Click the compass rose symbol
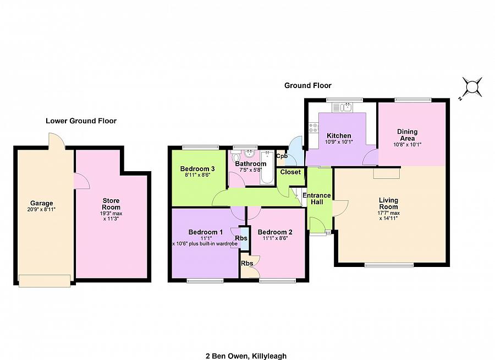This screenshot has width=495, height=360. tap(472, 87)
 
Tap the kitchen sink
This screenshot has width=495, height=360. tap(343, 107)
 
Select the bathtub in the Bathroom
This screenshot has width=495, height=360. tap(267, 167)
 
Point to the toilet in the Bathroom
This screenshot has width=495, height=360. tap(235, 156)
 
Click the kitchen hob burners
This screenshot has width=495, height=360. tap(313, 128)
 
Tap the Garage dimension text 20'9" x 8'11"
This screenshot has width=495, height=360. tap(41, 209)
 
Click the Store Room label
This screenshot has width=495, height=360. tap(111, 204)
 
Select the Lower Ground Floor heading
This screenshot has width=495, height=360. tap(81, 121)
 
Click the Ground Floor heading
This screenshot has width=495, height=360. tap(308, 85)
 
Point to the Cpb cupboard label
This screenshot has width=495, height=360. tap(282, 156)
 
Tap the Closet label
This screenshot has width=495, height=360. tap(290, 172)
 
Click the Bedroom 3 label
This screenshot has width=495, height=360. tap(197, 169)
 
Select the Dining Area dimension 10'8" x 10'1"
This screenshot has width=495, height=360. tap(407, 145)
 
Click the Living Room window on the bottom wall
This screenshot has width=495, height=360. tap(389, 265)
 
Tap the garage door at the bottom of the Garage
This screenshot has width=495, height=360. tap(45, 281)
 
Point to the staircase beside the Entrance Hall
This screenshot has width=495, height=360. tap(298, 197)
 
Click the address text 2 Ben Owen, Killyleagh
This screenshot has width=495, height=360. tap(246, 356)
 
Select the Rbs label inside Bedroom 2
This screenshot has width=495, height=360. tap(247, 263)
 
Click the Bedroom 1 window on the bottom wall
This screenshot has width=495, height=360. tap(205, 281)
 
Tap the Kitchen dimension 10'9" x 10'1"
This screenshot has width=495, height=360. tap(339, 142)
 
